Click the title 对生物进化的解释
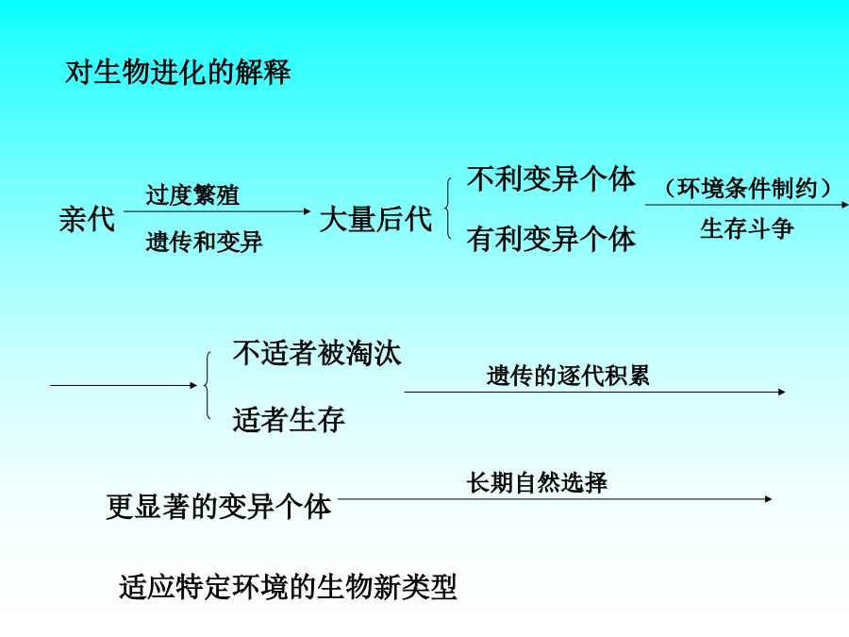pos(178,72)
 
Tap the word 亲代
pos(87,220)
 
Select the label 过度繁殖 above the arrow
pos(192,195)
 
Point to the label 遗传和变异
pos(204,243)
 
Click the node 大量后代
pos(375,220)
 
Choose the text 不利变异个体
pos(551,178)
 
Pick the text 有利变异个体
pos(551,239)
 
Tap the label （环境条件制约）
pos(748,188)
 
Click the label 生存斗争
pos(747,228)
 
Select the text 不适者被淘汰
pos(317,353)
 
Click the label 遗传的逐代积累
pos(568,376)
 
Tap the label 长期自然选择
pos(537,483)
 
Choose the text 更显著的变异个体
pos(219,507)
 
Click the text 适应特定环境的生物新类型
pos(288,587)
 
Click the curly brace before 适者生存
pos(207,385)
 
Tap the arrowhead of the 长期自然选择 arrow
pos(769,498)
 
